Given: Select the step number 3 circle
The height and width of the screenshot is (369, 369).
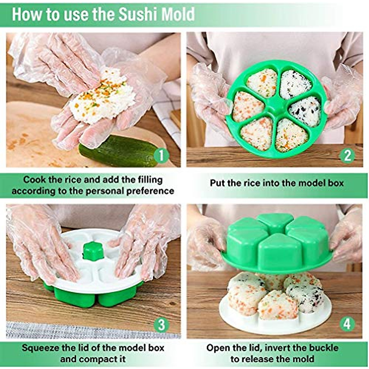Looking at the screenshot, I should (161, 325).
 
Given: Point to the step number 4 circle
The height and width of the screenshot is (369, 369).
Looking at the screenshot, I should (347, 324).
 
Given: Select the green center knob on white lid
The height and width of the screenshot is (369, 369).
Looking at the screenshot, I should (93, 251).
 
